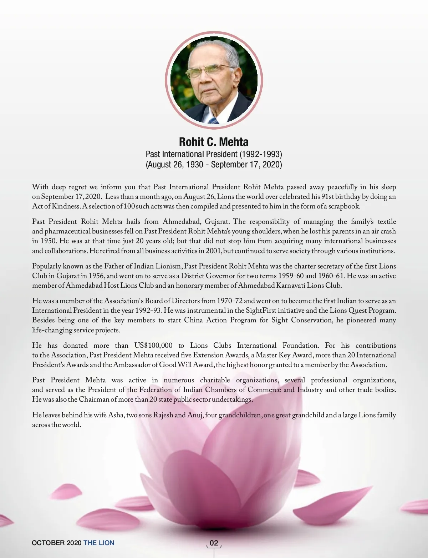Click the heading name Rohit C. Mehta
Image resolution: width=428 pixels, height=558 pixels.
point(214,142)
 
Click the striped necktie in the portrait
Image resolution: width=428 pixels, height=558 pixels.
point(213,120)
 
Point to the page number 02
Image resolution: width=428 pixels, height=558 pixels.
point(214,543)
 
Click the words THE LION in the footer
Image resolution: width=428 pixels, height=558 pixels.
point(99,543)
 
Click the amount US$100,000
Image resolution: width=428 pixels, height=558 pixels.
point(153,346)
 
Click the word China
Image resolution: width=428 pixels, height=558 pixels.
point(193,320)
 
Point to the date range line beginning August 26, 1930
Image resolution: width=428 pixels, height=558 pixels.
point(214,165)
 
